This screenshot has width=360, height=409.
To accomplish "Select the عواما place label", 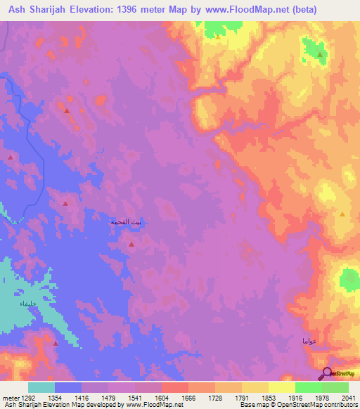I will [309, 341].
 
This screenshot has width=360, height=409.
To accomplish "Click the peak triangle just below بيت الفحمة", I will [132, 244].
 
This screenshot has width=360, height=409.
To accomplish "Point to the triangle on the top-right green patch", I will [321, 54].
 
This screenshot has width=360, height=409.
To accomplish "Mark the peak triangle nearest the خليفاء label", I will [56, 343].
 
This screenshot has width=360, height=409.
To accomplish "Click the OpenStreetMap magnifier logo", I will [326, 373].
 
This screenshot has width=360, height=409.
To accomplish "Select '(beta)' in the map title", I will [300, 10].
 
